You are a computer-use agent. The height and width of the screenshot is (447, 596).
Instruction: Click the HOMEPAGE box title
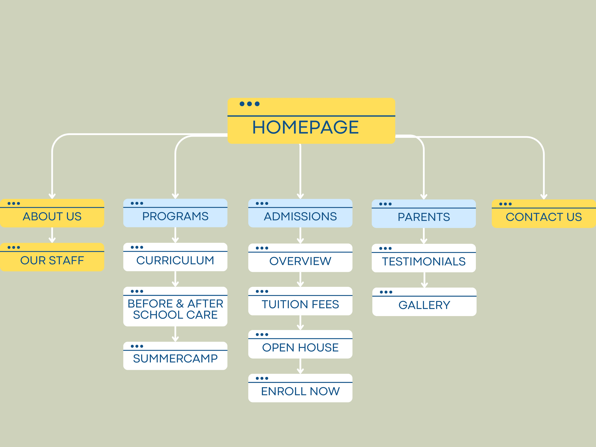[305, 127]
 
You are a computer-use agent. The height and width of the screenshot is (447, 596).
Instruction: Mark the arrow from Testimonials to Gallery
[424, 280]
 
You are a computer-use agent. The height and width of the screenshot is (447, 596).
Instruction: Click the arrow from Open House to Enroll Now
[300, 366]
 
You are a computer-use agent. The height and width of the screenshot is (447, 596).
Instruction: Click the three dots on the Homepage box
[250, 104]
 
